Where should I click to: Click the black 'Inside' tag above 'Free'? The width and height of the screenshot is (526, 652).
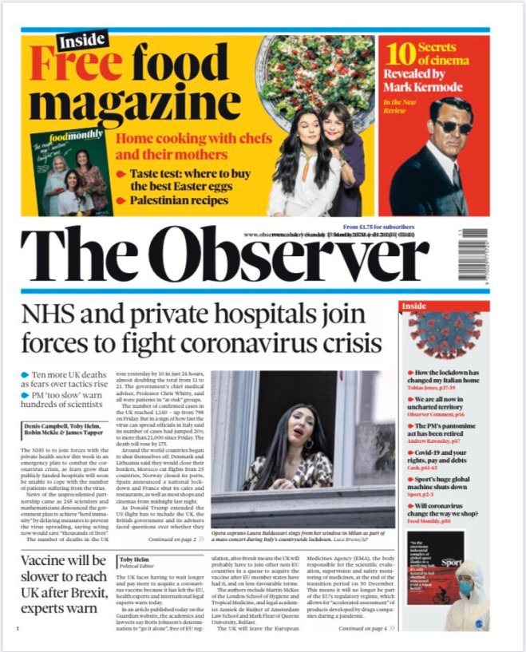click(83, 39)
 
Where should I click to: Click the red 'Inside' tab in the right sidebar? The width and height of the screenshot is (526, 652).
click(415, 306)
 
